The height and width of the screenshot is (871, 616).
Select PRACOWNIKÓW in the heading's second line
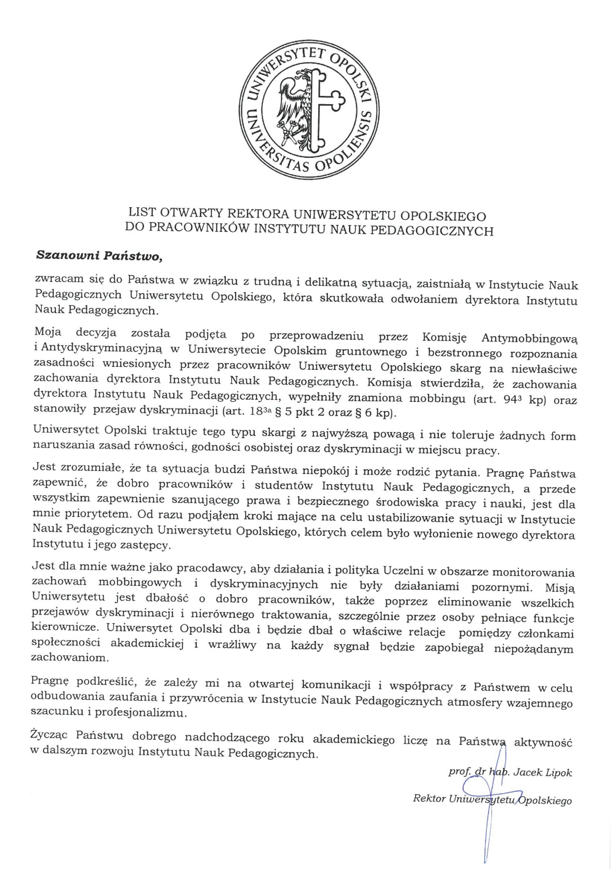[x=192, y=231]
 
